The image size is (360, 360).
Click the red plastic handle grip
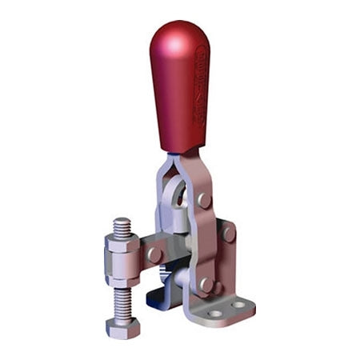[178, 88]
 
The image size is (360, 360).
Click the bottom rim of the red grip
[181, 150]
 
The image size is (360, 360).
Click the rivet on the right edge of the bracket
[229, 234]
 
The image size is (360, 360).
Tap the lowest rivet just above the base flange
[206, 283]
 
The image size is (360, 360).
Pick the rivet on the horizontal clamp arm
[154, 254]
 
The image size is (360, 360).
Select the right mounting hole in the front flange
[238, 305]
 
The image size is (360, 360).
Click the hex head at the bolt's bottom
[122, 327]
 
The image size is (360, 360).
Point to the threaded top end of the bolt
[122, 226]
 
